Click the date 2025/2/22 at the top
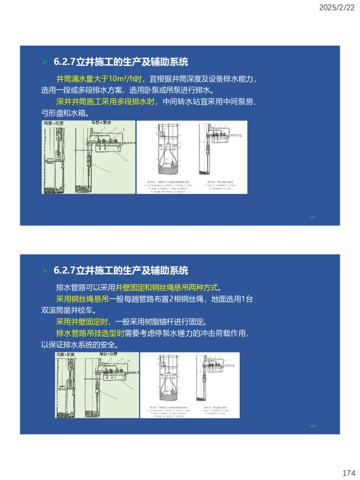point(337,7)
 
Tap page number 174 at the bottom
point(348,473)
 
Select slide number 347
point(312,217)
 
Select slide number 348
point(312,426)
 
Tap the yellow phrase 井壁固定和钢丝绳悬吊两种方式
point(169,288)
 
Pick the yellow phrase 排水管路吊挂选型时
point(90,334)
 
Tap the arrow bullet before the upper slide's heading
point(45,62)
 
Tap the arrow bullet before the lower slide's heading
point(45,270)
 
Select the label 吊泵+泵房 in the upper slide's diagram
point(103,123)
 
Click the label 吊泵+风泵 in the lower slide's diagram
point(67,355)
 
